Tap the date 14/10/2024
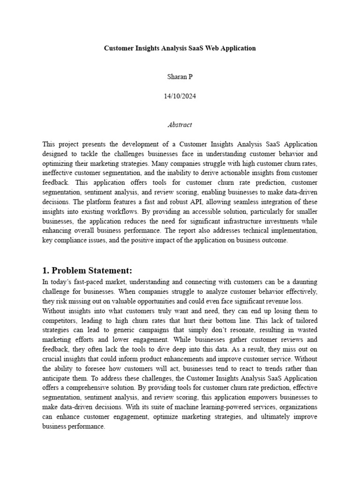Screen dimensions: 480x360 [x=180, y=97]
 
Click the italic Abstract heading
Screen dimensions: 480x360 [x=180, y=125]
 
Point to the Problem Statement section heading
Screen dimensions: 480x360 [x=87, y=270]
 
